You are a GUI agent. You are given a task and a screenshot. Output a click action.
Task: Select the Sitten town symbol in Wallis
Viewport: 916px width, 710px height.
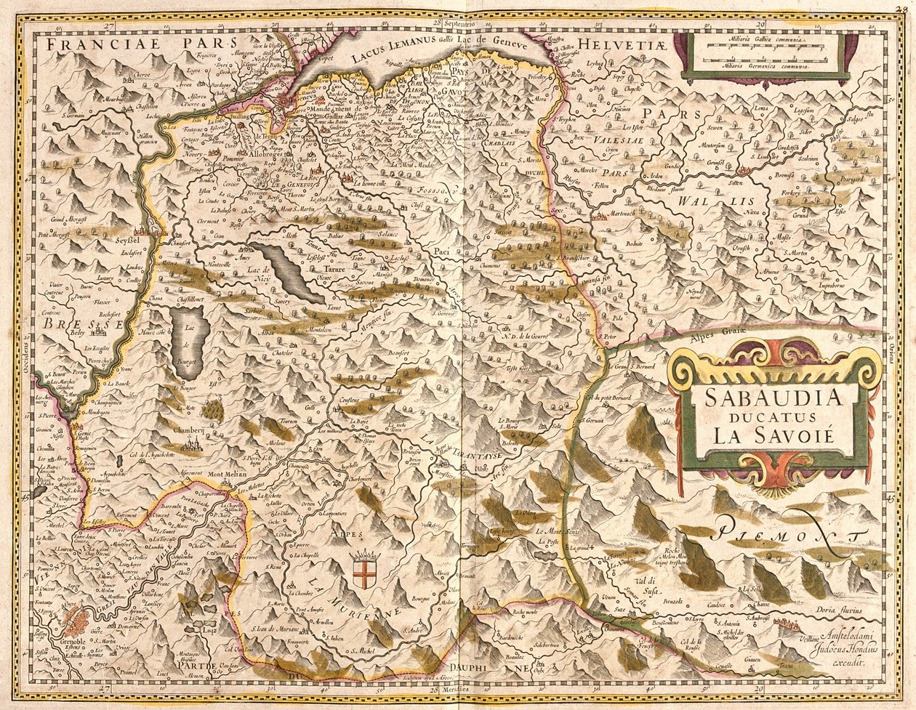743,172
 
